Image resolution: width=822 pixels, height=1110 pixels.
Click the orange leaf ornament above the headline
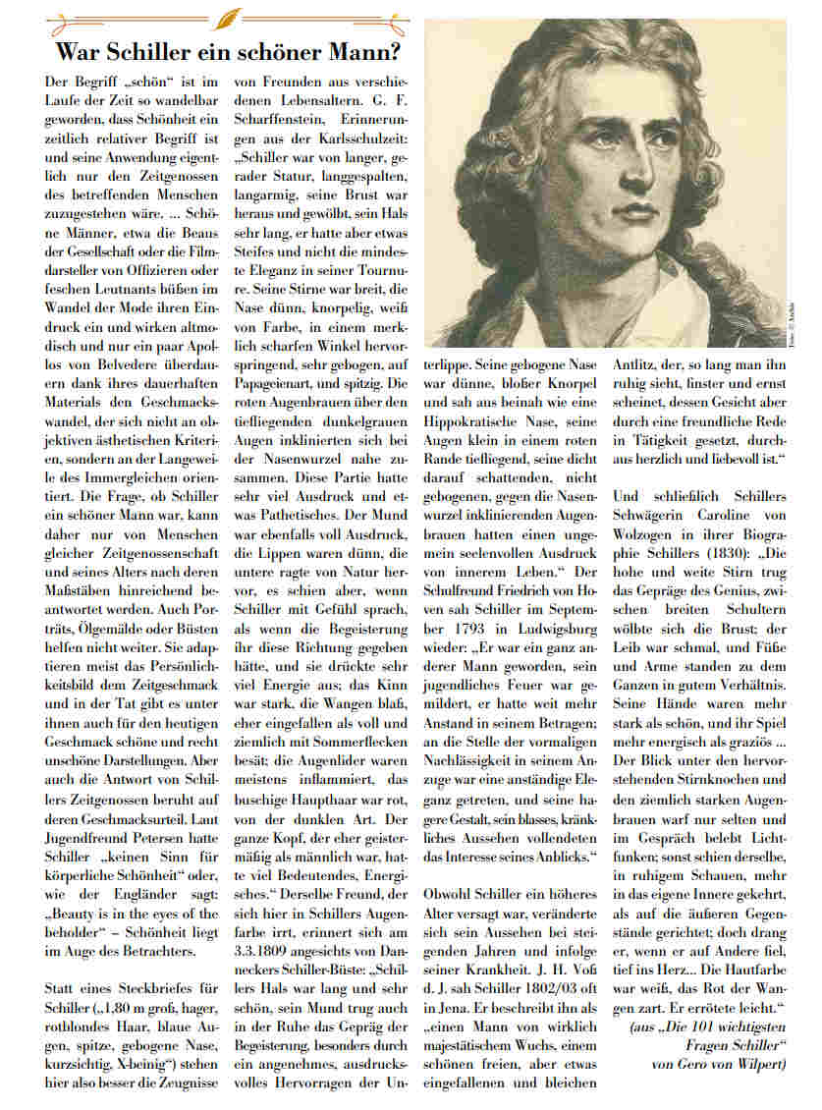(x=230, y=17)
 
